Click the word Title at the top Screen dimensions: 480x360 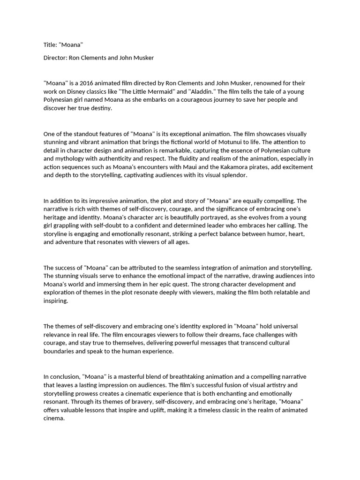tap(49, 45)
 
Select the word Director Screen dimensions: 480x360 tap(55, 58)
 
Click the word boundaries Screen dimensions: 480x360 tap(59, 352)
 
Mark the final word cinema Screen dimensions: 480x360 tap(53, 419)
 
